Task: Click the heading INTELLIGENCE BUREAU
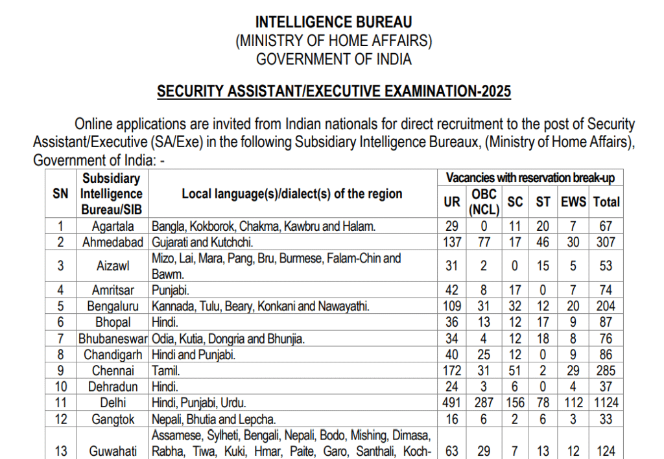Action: [333, 23]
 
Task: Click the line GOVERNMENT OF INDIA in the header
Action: [333, 59]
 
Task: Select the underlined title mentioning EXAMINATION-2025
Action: [333, 91]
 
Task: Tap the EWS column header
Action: [573, 202]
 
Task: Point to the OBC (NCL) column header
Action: [484, 202]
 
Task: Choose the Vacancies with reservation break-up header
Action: [530, 178]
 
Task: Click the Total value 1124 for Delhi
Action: [607, 403]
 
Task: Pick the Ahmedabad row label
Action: [113, 242]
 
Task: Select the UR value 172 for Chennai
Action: [451, 371]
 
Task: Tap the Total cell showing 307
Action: [607, 242]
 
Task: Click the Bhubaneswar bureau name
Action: [113, 338]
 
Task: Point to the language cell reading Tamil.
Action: [166, 371]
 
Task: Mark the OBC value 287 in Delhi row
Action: [484, 403]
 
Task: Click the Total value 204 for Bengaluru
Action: [607, 306]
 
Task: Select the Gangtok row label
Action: [113, 419]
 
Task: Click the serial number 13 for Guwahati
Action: [61, 450]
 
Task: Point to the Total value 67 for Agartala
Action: [607, 226]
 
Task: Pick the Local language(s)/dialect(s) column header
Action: [292, 194]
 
